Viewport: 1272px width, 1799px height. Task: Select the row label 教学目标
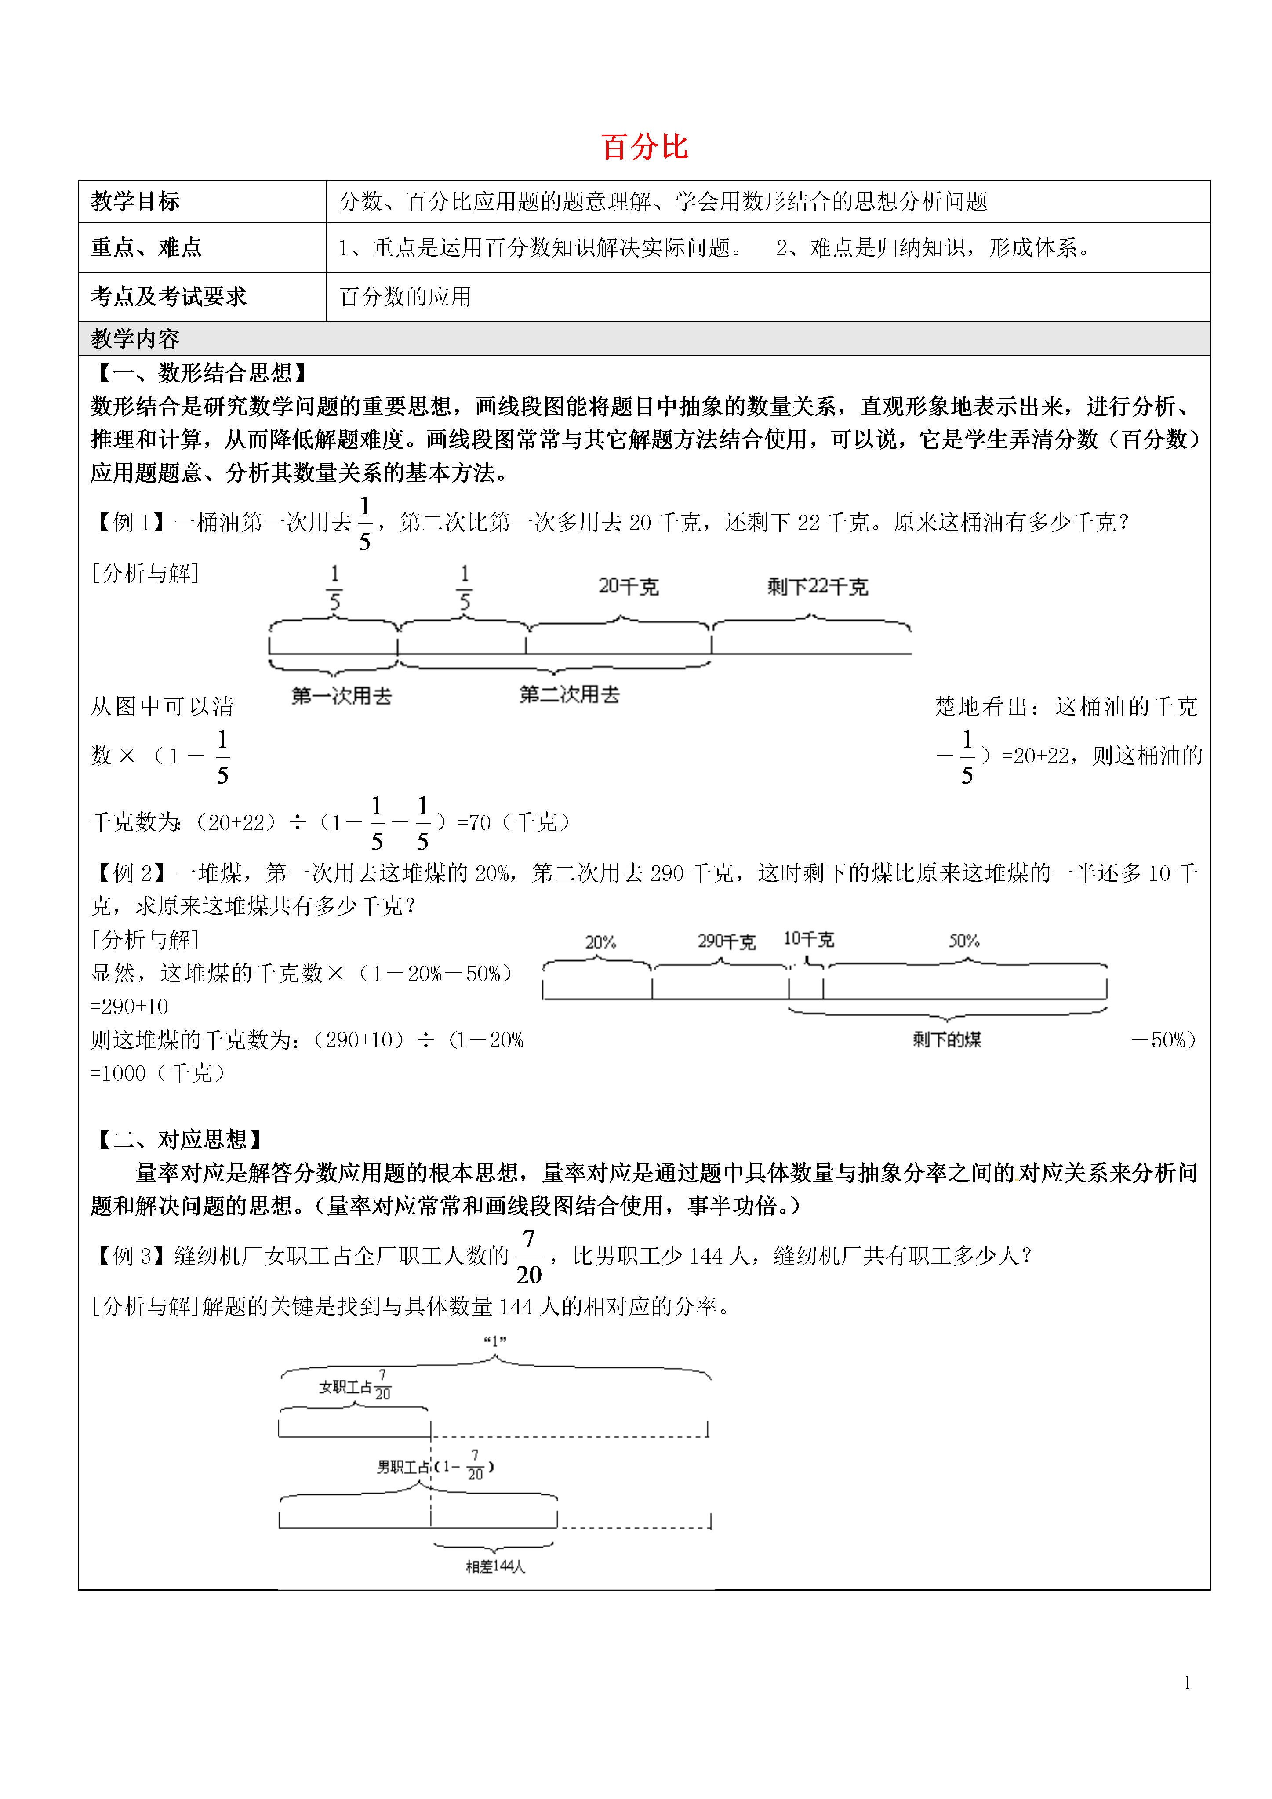[135, 201]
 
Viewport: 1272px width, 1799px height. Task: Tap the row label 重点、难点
[146, 247]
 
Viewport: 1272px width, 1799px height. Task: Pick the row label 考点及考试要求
[168, 296]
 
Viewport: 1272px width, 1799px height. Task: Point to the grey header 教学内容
[135, 338]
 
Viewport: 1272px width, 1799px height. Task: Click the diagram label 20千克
[629, 586]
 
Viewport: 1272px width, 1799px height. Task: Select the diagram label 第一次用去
[342, 696]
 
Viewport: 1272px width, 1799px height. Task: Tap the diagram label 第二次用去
[570, 694]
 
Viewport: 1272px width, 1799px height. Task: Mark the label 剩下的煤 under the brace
[947, 1040]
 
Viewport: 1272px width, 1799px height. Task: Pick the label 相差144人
[495, 1566]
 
